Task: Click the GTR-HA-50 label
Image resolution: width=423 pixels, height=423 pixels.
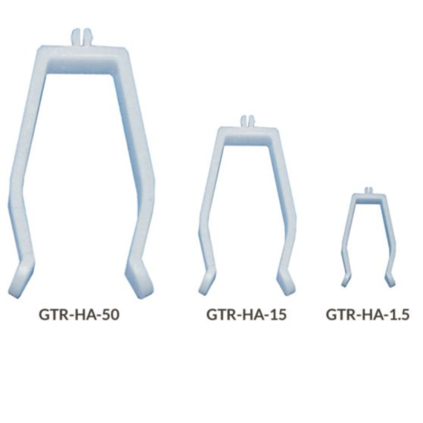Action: pyautogui.click(x=79, y=315)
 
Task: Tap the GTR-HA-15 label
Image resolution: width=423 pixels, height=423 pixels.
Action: pyautogui.click(x=246, y=315)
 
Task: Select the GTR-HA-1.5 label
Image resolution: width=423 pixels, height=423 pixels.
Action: pyautogui.click(x=367, y=315)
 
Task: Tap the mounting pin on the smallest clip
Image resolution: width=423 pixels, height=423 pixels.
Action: pyautogui.click(x=369, y=191)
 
